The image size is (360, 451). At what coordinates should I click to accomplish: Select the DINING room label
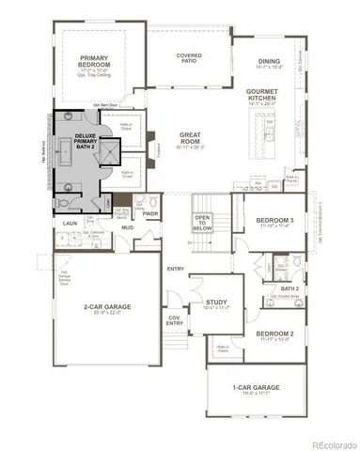(274, 59)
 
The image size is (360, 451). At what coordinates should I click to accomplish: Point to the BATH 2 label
(290, 288)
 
